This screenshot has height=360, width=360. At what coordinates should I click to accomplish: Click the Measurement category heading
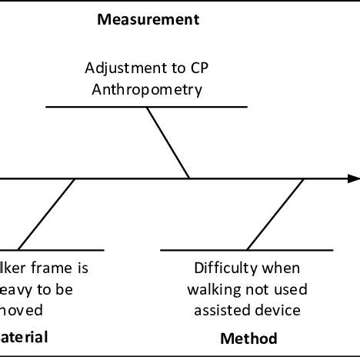click(x=148, y=20)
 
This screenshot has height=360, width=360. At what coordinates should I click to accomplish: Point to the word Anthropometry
click(x=147, y=88)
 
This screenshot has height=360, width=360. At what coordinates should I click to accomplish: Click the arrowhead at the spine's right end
click(x=352, y=178)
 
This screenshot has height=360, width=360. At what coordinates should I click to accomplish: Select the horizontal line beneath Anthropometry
click(x=147, y=106)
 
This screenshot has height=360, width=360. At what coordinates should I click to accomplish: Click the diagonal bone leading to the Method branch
click(x=275, y=214)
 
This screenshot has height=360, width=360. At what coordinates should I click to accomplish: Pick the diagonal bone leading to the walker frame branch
click(x=46, y=214)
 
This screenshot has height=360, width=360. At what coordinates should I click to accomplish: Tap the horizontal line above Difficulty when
click(x=247, y=250)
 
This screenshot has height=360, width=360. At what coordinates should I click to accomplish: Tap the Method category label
click(x=248, y=338)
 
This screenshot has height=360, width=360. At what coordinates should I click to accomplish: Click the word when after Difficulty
click(x=282, y=269)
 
